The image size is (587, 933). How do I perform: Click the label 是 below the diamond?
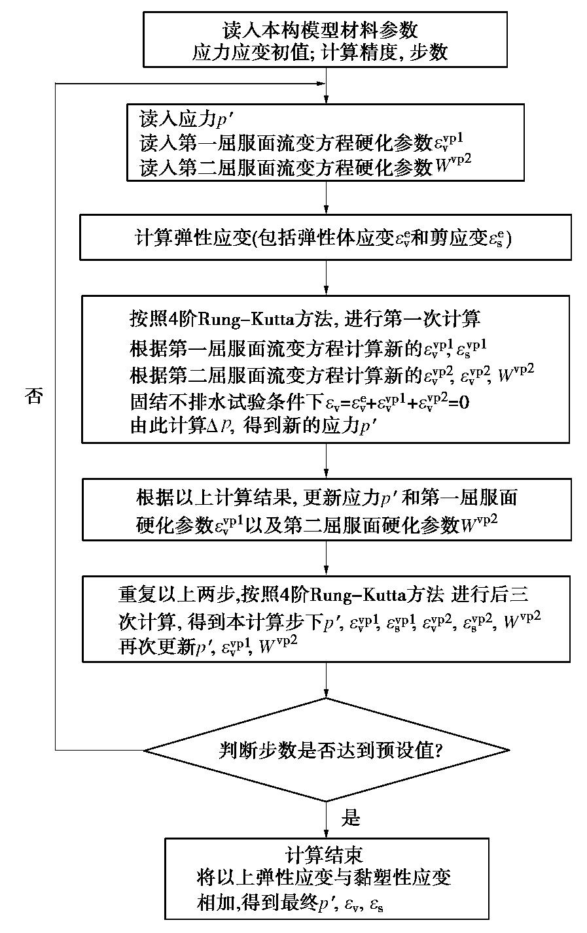point(351,817)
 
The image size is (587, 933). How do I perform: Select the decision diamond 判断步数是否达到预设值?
point(326,750)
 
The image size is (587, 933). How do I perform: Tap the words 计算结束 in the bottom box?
point(325,854)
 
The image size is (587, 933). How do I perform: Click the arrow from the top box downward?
point(326,85)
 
